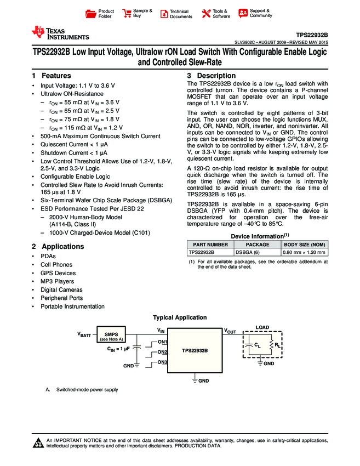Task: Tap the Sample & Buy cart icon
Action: (127, 14)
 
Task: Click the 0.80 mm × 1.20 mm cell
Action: (305, 252)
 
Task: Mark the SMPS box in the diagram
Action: (111, 336)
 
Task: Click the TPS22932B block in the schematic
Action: (195, 350)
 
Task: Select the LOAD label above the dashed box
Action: (262, 327)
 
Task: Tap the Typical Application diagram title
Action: (180, 317)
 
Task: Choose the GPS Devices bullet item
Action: (58, 273)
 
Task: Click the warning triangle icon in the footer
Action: (38, 444)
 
